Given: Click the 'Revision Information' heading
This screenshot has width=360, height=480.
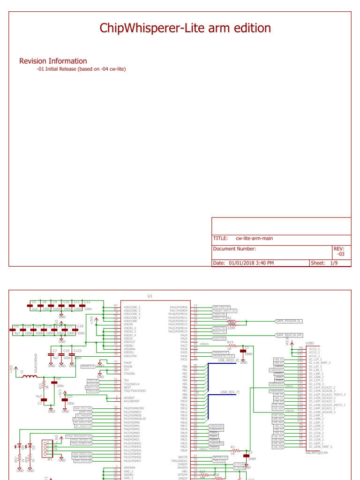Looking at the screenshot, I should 53,61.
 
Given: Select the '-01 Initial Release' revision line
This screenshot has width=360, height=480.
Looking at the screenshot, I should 81,69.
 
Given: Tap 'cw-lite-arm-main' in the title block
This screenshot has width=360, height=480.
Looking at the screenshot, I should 254,238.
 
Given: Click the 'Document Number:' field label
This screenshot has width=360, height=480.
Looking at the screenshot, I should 234,249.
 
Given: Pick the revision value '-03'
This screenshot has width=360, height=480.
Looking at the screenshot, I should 341,254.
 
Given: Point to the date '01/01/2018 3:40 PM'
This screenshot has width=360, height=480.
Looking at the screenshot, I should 251,263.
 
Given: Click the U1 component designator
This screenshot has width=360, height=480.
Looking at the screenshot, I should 150,296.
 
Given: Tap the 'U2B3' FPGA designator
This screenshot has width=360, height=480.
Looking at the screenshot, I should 310,343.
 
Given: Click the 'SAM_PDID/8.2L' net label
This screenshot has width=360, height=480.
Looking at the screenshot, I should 290,321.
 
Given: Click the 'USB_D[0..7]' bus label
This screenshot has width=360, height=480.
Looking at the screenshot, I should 230,392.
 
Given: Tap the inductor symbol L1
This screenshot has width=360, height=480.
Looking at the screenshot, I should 30,376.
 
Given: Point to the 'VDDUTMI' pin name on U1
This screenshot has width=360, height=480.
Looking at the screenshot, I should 130,356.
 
